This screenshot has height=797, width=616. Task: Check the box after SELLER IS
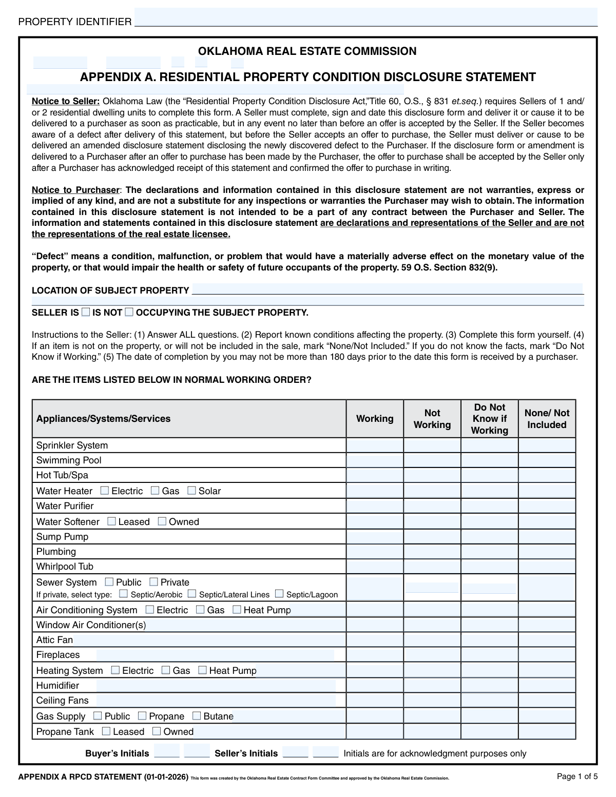tap(86, 312)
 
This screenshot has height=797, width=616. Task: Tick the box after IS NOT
tap(129, 312)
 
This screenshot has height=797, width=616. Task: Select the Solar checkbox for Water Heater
tap(191, 491)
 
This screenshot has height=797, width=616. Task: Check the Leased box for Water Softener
tap(111, 521)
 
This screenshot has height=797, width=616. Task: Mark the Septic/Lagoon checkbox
tap(279, 594)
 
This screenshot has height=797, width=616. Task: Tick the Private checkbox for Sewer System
tap(153, 582)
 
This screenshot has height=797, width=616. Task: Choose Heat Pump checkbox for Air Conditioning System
tap(237, 610)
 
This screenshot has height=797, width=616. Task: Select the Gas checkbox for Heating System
tap(166, 670)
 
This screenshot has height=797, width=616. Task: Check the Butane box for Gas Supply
tap(197, 716)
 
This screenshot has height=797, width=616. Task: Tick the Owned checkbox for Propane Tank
tap(157, 731)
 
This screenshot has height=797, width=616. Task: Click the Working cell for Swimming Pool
tap(375, 460)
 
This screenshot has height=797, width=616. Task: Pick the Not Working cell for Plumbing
tap(432, 552)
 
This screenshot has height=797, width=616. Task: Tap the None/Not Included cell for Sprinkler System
tap(547, 445)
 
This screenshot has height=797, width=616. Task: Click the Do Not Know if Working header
tap(489, 419)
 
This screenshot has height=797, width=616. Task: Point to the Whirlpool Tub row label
tap(65, 567)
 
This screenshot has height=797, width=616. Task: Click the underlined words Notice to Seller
tap(66, 101)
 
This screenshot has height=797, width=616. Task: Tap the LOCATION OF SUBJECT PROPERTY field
tap(388, 289)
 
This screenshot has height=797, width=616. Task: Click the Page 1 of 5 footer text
tap(577, 776)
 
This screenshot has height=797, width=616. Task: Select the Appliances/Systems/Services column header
tap(103, 419)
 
